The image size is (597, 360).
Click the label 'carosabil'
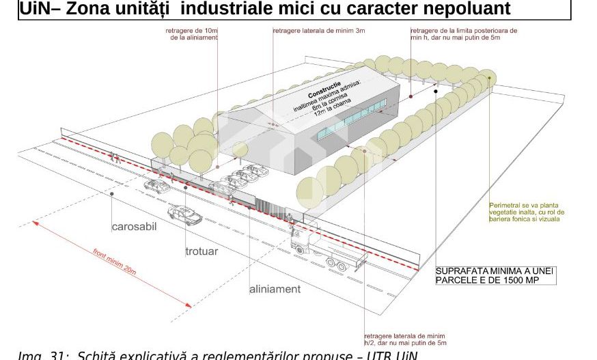point(134,227)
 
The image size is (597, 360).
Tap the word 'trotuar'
point(202,251)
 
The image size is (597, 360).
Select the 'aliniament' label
point(275,289)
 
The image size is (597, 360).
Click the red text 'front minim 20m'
point(114,262)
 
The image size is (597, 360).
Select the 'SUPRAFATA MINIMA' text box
point(495,275)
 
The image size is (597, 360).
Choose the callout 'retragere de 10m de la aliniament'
point(192,34)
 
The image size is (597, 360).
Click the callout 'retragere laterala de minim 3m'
point(319,31)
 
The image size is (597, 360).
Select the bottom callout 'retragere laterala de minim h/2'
point(405,340)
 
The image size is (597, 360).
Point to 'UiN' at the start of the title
point(33,9)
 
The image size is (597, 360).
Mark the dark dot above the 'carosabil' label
point(112,194)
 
